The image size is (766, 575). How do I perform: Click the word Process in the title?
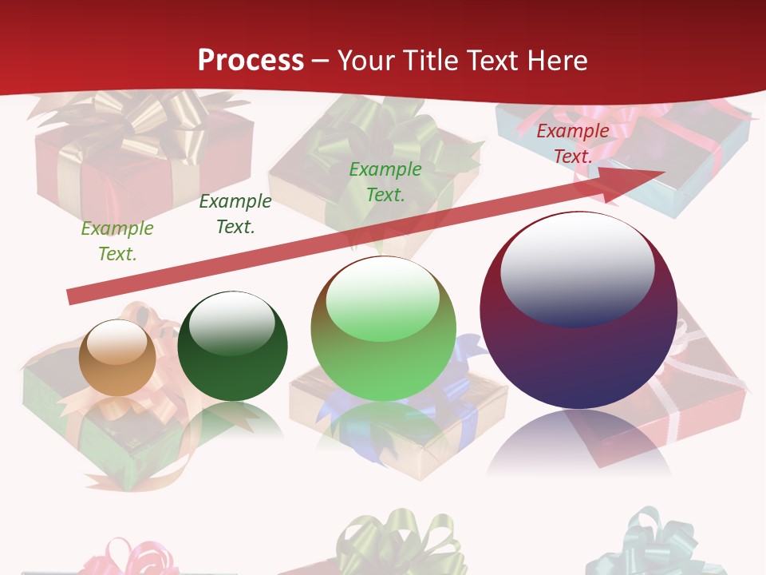tap(251, 60)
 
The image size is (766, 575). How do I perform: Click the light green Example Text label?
tap(117, 241)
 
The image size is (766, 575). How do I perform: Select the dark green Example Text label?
tap(235, 214)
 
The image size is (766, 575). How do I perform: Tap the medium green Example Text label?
tap(385, 181)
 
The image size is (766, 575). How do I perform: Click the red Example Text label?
tap(573, 144)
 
